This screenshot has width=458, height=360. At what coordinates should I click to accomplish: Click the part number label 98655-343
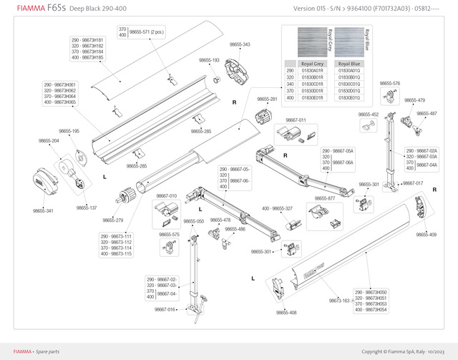[x=240, y=44]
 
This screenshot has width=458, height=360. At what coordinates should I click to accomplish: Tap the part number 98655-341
[x=43, y=211]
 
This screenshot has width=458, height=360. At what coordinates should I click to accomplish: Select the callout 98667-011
[x=296, y=120]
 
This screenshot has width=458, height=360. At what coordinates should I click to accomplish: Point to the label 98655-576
[x=389, y=83]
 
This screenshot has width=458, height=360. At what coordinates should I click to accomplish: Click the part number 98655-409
[x=427, y=235]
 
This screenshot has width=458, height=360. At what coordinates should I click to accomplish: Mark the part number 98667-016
[x=165, y=310]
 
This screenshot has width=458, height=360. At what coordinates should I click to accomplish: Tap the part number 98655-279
[x=113, y=220]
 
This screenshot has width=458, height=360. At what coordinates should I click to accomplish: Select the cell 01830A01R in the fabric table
[x=313, y=71]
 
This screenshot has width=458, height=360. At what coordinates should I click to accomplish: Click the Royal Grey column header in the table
[x=313, y=64]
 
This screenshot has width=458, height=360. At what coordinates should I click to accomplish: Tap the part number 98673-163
[x=340, y=301]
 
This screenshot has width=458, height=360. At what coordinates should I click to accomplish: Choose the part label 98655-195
[x=69, y=131]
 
